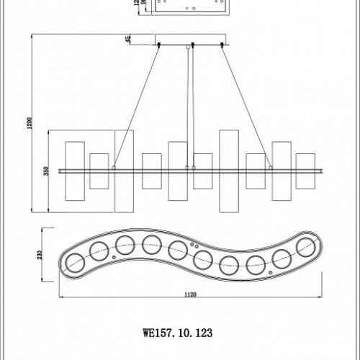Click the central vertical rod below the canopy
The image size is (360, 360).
click(x=189, y=108)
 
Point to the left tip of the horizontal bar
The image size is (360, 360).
click(x=59, y=170)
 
